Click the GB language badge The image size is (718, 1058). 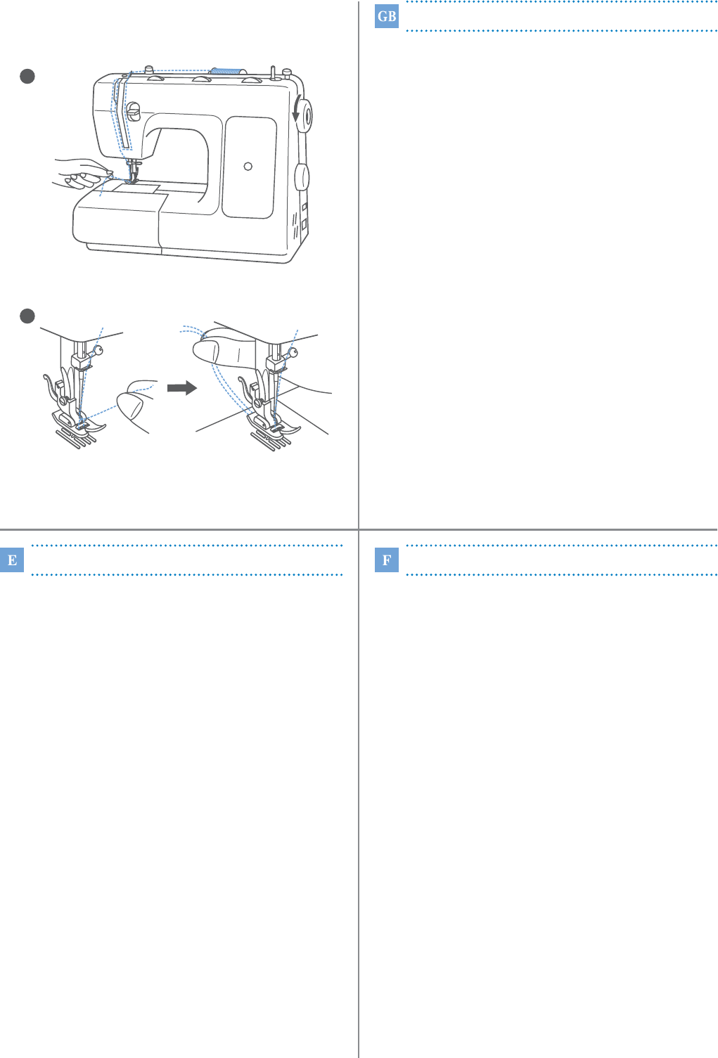click(386, 17)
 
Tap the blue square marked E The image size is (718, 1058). click(12, 560)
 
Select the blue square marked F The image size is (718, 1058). click(386, 560)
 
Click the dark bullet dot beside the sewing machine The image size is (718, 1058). click(27, 77)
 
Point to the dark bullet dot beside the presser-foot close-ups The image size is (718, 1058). click(27, 316)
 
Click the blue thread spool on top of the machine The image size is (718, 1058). click(226, 72)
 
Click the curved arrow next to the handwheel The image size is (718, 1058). click(296, 108)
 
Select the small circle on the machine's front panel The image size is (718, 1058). click(248, 166)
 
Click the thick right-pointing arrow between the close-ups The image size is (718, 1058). click(182, 388)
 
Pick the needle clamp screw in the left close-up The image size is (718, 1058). click(98, 351)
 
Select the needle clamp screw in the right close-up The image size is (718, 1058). click(293, 352)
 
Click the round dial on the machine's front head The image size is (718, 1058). click(134, 111)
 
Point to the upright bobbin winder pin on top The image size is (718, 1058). click(273, 74)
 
